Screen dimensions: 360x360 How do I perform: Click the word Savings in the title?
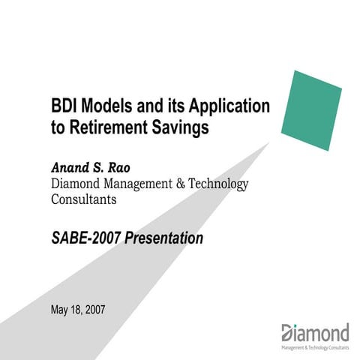180,128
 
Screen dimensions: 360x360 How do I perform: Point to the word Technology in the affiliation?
219,184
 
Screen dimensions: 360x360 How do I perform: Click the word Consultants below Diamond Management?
84,200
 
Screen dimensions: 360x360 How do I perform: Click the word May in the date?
60,310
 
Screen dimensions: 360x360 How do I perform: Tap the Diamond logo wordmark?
315,332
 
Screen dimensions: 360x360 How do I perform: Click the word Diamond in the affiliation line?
77,184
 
